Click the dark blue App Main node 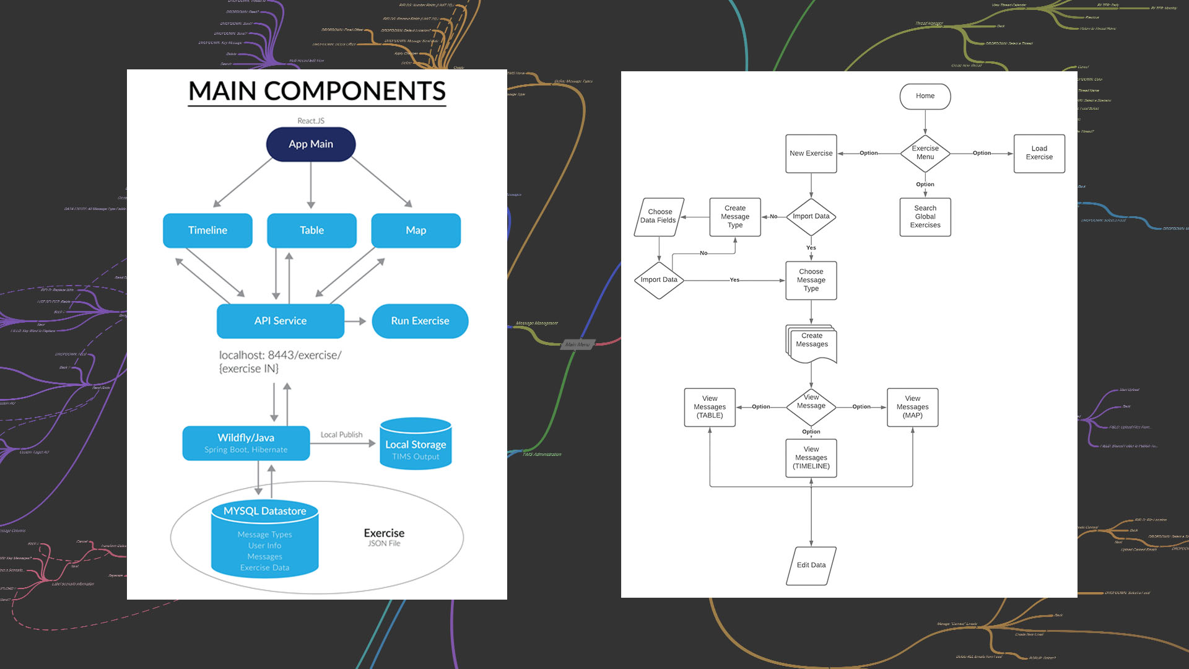(311, 144)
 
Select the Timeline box (207, 230)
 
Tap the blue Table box (311, 230)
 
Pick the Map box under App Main (416, 230)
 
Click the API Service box (281, 321)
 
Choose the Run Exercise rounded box (420, 321)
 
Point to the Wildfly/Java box (246, 443)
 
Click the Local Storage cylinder (416, 445)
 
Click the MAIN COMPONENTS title (317, 91)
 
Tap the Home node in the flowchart (925, 96)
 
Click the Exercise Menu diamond (925, 153)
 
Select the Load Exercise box (1039, 153)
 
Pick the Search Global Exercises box (925, 217)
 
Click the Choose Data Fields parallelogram (658, 216)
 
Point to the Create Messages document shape (812, 343)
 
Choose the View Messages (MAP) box (912, 407)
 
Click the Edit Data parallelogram (811, 565)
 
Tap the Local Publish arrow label (341, 435)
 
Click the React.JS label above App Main (311, 121)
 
